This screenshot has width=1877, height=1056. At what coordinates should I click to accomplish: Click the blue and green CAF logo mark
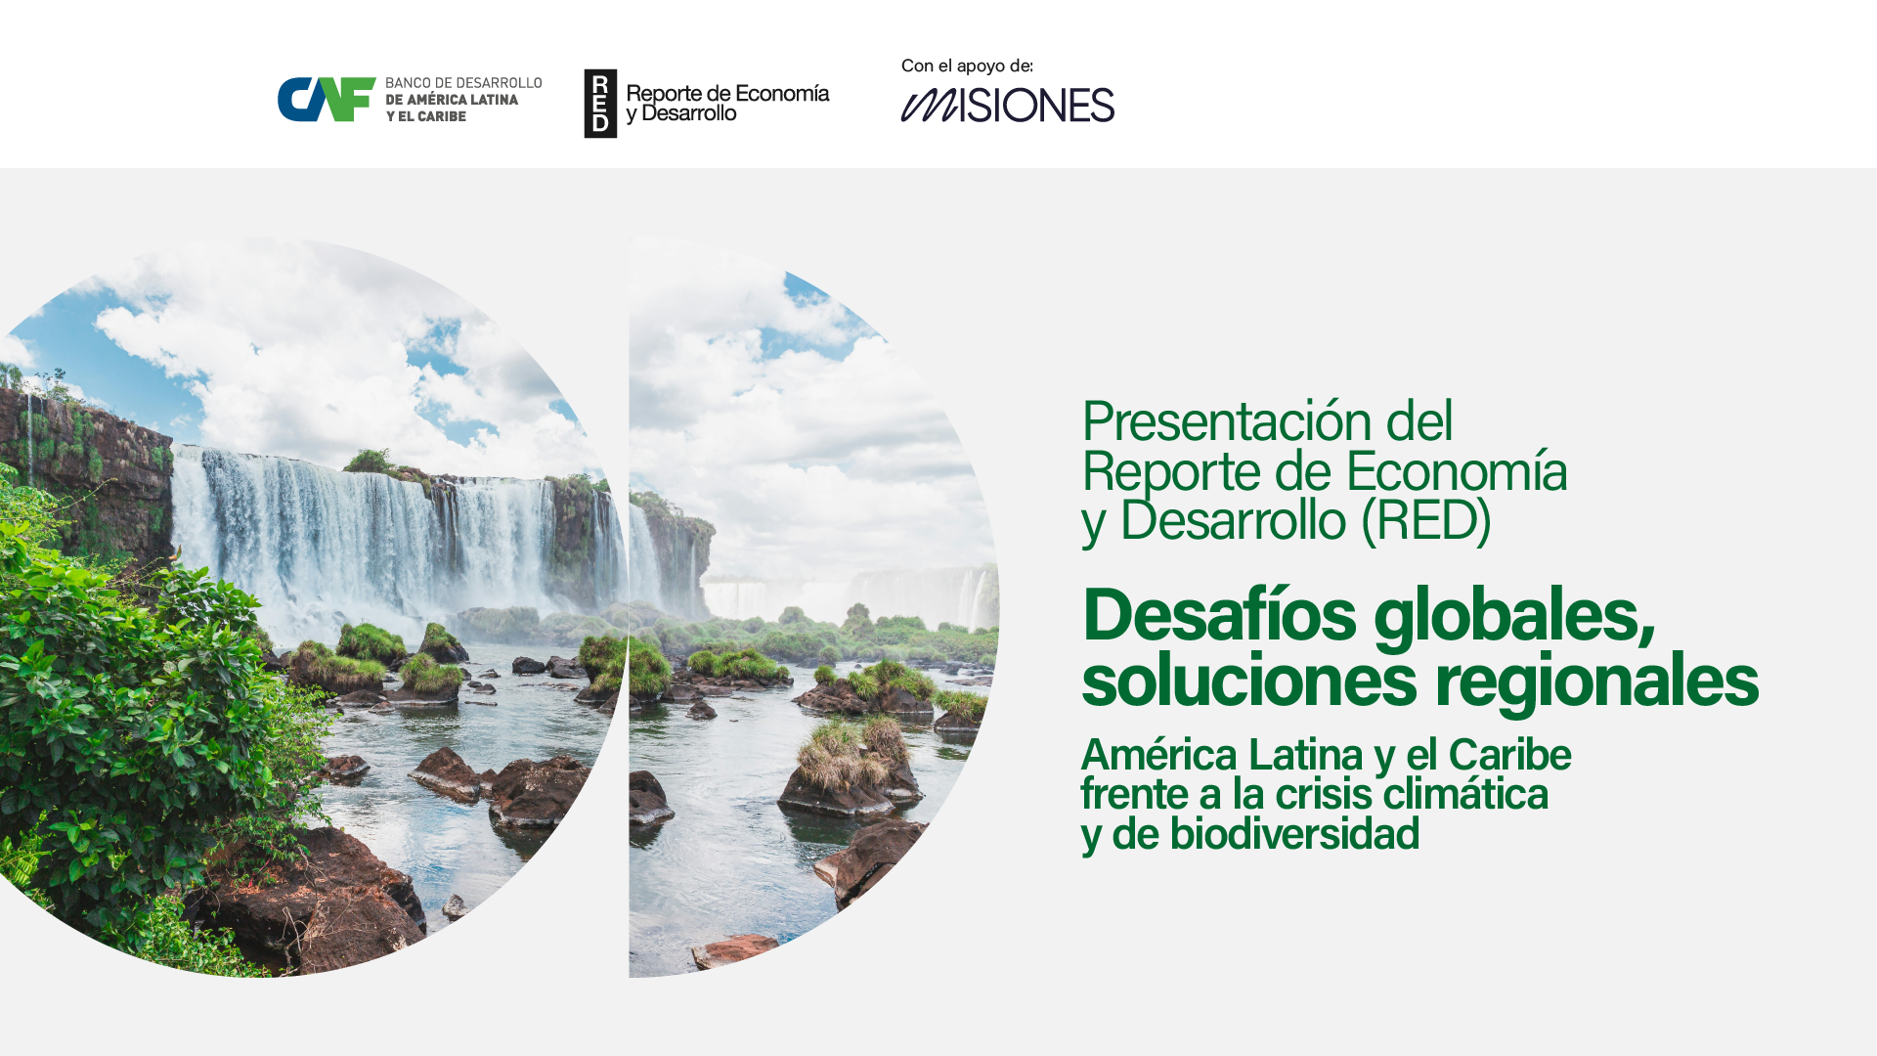click(x=327, y=100)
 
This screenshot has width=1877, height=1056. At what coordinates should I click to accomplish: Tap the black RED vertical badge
click(x=600, y=104)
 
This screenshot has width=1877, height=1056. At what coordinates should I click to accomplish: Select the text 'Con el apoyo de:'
click(x=967, y=66)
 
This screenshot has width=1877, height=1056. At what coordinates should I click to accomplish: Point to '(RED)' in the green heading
click(x=1426, y=519)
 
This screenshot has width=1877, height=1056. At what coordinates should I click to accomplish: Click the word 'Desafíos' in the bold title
click(x=1219, y=615)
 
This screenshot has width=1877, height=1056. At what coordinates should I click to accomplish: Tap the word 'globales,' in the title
click(x=1514, y=617)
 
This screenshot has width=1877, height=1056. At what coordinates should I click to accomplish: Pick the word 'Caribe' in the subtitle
click(x=1509, y=755)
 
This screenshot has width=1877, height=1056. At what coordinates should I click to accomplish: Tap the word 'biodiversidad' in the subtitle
click(x=1294, y=834)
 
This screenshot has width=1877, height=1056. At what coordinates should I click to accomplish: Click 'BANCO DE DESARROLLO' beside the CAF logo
click(x=463, y=83)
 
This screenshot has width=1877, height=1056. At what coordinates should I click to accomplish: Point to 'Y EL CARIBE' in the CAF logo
click(x=425, y=116)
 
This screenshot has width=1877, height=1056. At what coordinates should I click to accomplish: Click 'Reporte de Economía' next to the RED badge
click(x=727, y=94)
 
